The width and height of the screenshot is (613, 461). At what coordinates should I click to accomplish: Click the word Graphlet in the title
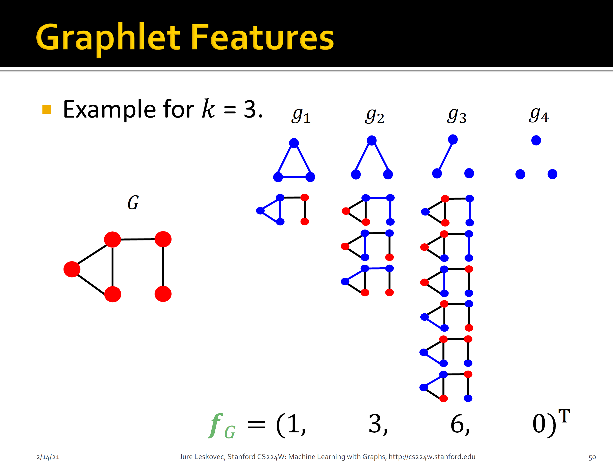108,37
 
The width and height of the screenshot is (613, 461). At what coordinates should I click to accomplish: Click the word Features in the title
262,37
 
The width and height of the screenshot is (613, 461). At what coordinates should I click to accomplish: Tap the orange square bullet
47,109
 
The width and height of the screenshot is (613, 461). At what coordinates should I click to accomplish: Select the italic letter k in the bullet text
208,109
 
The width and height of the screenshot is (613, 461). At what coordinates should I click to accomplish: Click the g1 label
301,116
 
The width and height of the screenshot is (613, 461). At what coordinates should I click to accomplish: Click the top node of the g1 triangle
294,143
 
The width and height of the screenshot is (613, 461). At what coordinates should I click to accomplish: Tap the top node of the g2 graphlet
372,140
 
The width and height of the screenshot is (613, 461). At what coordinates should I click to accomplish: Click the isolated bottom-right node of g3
469,173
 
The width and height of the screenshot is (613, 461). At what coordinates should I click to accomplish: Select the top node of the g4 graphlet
536,140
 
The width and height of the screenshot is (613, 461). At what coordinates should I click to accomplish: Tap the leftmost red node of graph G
72,269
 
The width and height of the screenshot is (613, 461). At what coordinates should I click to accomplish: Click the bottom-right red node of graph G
163,294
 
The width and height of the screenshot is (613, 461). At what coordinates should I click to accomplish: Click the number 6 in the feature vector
458,424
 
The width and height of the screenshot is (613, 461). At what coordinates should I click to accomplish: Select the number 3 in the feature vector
375,424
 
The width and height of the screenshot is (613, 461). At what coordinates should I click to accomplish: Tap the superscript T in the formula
564,416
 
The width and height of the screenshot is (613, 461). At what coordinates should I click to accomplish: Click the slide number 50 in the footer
592,457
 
